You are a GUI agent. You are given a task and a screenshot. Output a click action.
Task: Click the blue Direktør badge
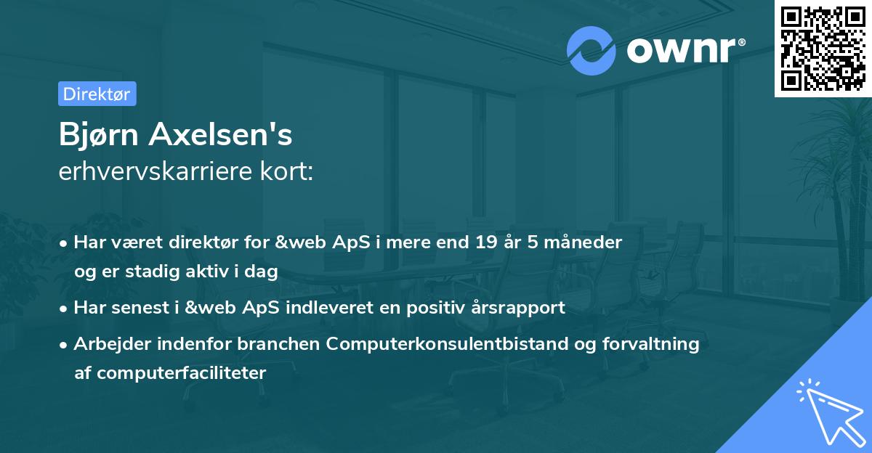[x=97, y=94]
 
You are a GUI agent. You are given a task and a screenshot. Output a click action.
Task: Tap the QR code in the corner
[x=823, y=48]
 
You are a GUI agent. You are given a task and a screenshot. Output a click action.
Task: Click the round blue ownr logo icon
[x=592, y=50]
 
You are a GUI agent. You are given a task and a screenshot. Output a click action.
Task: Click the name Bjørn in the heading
[x=100, y=134]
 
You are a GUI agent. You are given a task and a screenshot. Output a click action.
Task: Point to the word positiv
[x=434, y=307]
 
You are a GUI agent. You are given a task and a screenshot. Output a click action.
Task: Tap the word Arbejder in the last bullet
[x=105, y=344]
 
